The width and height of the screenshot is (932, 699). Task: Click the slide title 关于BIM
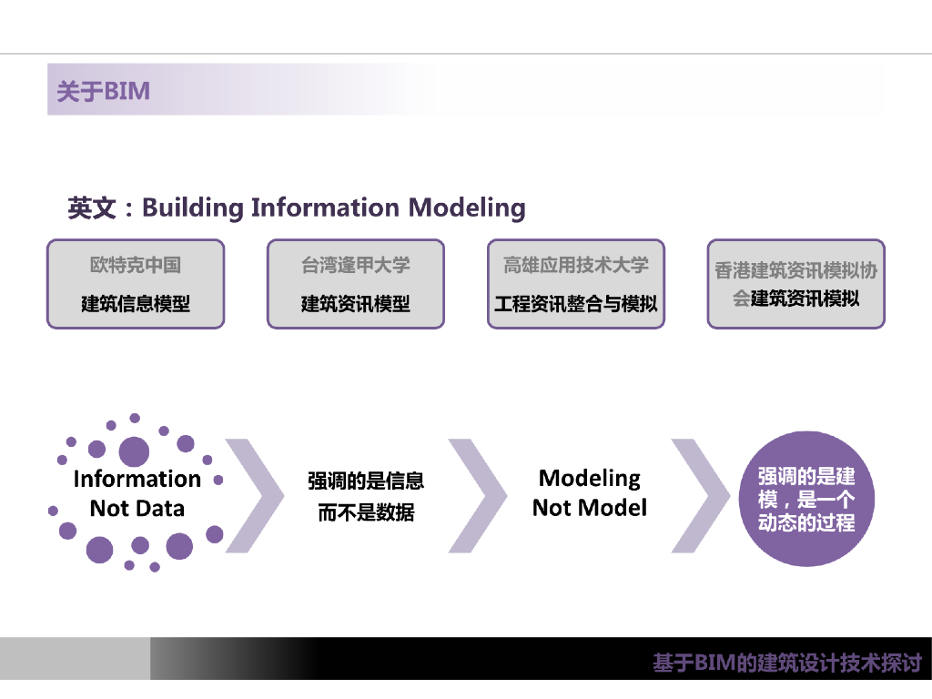tap(103, 91)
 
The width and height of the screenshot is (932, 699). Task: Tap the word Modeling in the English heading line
tap(467, 208)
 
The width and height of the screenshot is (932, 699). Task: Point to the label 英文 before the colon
tap(92, 208)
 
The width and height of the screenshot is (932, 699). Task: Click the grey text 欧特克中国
tap(136, 265)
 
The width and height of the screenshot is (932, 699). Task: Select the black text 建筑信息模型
tap(136, 304)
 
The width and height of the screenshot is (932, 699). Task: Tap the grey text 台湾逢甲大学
tap(356, 265)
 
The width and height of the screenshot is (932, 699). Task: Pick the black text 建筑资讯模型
tap(356, 304)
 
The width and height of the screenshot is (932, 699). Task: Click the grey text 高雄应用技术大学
tap(576, 265)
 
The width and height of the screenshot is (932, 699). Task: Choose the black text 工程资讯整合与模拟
tap(576, 304)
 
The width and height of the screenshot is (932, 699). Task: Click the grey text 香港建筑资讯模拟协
tap(795, 270)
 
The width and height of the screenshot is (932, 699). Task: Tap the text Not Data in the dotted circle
tap(137, 508)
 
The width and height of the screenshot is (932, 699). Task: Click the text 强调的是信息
tap(366, 481)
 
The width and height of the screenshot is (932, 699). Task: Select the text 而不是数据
tap(366, 512)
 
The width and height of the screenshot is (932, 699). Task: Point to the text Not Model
tap(590, 508)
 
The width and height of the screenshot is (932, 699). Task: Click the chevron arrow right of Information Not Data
tap(254, 496)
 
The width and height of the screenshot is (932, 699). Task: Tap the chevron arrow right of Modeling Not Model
tap(700, 496)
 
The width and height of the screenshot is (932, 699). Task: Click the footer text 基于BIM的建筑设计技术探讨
tap(787, 663)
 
